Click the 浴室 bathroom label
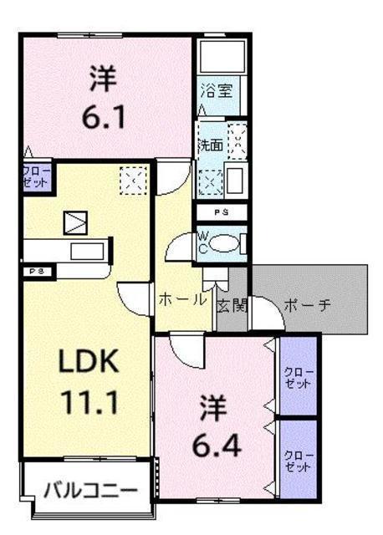217,91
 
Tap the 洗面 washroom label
211,145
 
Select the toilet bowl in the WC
223,244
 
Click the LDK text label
89,360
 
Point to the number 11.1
90,402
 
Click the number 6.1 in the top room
104,117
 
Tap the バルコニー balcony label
91,491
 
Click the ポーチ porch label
308,305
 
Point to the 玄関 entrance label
232,305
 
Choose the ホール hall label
183,300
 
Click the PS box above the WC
222,212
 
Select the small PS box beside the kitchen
38,272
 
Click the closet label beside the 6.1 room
37,176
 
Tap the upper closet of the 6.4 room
299,376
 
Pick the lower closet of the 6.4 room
299,459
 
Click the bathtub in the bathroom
222,57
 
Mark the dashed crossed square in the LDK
133,181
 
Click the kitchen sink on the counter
87,252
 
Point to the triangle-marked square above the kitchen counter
75,223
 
